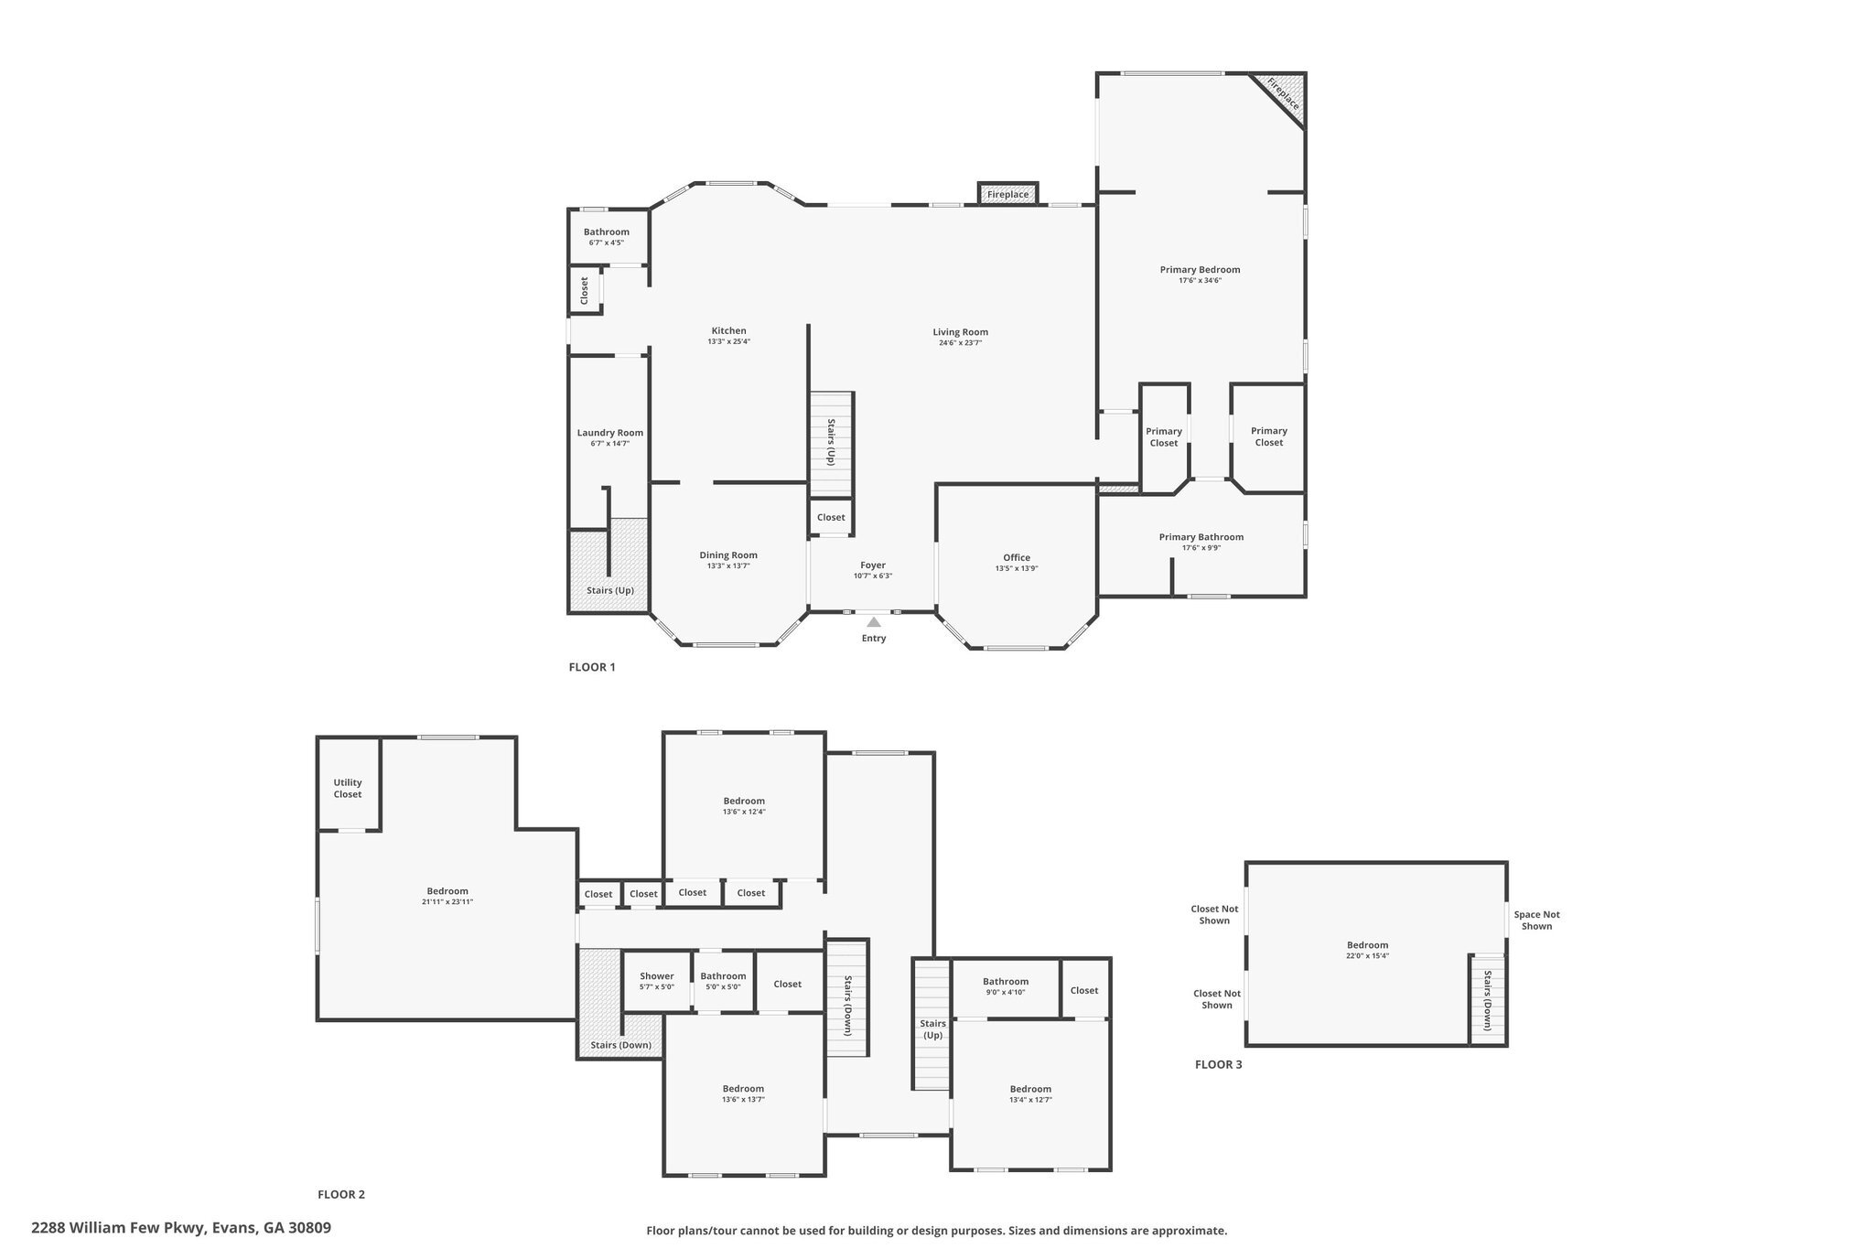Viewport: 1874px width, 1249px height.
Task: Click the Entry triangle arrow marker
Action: pos(874,622)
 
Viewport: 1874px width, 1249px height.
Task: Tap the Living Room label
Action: pos(960,332)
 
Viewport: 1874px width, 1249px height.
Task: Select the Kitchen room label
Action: pos(728,330)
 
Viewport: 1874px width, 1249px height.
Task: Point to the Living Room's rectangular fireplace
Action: pos(1007,194)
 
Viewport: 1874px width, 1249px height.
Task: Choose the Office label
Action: pos(1016,557)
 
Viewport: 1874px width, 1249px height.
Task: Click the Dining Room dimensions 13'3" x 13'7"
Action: pos(728,566)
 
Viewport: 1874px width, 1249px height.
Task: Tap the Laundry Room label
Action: pos(609,433)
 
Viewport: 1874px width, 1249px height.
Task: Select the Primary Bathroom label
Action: pos(1201,537)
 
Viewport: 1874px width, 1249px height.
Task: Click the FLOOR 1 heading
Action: pos(592,667)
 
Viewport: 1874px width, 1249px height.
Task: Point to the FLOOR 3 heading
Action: pos(1218,1064)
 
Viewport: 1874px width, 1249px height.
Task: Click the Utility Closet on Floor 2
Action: pos(348,788)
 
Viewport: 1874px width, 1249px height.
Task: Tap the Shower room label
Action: pos(657,976)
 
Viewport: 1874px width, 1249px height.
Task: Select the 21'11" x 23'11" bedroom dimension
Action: pos(447,902)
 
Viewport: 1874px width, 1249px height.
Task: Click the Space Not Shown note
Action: pos(1536,920)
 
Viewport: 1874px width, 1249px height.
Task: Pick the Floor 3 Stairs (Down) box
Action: pos(1487,999)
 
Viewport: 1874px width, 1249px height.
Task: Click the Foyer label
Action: pos(873,565)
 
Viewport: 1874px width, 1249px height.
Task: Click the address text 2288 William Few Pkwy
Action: pos(181,1227)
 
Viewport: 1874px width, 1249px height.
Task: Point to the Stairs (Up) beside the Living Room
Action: pos(831,443)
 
